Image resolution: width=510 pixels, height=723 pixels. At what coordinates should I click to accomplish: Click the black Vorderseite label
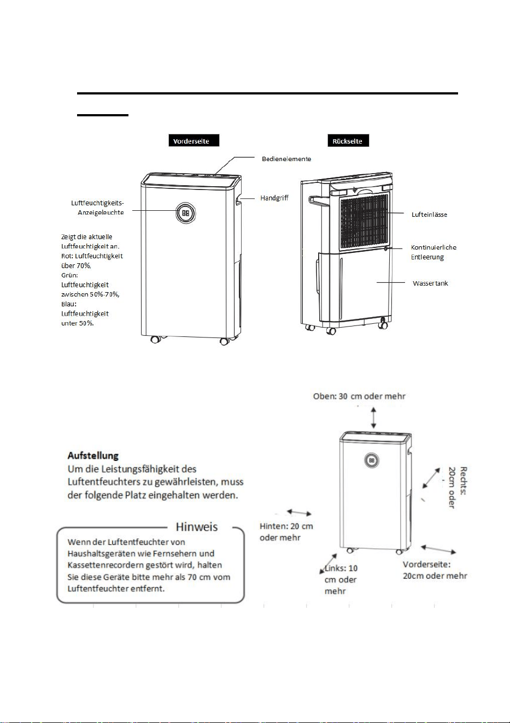pos(194,140)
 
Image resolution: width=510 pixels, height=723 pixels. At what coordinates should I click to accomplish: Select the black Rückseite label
pos(348,140)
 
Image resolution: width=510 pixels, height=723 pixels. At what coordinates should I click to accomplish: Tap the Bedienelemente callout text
pos(286,159)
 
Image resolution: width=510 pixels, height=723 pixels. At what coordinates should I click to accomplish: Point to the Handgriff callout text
pos(274,198)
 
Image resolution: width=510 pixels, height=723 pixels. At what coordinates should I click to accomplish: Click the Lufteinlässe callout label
pos(429,214)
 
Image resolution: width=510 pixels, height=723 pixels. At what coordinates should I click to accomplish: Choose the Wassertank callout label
pos(430,283)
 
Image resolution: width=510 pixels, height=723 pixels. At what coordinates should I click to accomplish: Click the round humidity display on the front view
pos(185,214)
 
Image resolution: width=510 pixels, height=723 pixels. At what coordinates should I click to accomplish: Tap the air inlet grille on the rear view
pos(364,221)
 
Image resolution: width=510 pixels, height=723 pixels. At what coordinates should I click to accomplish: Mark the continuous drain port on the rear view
pos(386,248)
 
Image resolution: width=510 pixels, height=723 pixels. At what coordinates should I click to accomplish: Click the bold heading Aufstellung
pos(93,455)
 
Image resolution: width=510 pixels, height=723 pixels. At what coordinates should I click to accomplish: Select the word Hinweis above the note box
pos(196,527)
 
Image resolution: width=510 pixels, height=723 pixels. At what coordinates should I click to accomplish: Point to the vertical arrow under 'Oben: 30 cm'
pos(373,418)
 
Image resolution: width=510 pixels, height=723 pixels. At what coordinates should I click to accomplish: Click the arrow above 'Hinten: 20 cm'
pos(300,512)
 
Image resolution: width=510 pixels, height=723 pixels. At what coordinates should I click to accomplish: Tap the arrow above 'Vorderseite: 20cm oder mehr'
pos(438,549)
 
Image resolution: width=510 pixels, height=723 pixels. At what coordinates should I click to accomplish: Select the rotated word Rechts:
pos(464,481)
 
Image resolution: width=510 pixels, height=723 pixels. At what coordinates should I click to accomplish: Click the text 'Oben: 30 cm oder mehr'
pos(359,396)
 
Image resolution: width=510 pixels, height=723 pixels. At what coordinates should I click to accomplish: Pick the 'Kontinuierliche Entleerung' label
pos(433,252)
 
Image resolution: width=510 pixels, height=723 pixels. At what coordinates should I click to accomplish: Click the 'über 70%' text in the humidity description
pos(76,265)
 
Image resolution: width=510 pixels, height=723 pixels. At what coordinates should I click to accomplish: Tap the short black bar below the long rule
pos(103,115)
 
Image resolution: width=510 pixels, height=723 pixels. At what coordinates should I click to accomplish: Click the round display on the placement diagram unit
pos(372,460)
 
